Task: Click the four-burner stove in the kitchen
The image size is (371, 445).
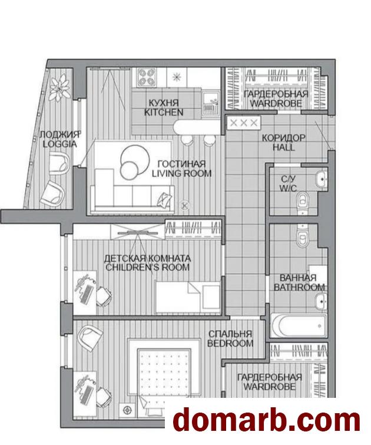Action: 147,77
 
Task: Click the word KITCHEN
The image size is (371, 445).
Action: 164,112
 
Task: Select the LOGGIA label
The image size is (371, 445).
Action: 60,144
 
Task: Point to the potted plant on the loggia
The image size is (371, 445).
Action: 59,87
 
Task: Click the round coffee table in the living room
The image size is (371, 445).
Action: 134,162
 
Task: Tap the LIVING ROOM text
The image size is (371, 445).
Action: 181,173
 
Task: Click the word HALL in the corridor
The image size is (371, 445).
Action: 284,147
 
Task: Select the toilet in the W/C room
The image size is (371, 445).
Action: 303,202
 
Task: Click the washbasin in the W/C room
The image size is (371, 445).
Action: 322,179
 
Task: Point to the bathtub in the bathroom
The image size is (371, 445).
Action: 299,325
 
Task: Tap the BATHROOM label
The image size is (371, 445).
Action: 299,287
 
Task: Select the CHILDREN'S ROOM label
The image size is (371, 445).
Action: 147,268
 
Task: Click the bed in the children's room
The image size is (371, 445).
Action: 188,297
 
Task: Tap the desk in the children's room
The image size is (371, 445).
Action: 85,292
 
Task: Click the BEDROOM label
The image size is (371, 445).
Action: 230,343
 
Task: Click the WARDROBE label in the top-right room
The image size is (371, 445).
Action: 276,103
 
